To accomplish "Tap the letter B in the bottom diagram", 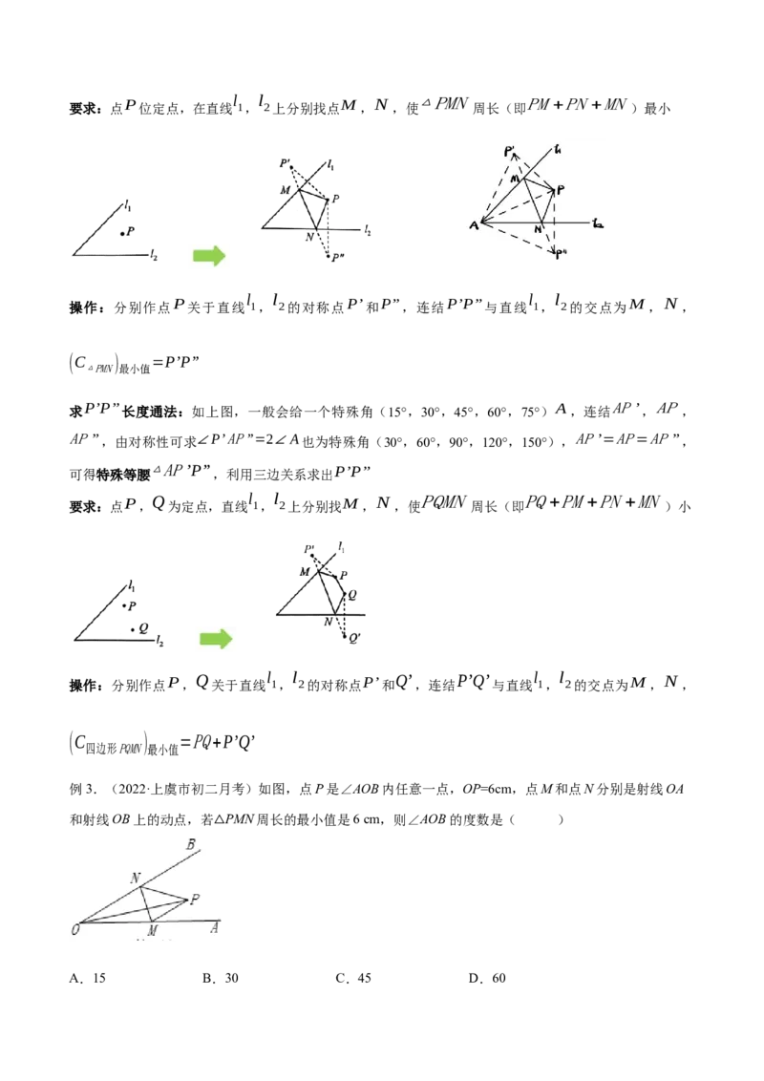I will click(x=192, y=845).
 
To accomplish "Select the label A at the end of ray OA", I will click(x=216, y=926).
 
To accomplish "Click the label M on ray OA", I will click(x=152, y=930).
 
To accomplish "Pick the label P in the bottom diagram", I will click(x=195, y=899).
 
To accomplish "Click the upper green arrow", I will click(x=210, y=255).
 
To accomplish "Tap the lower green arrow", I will click(x=215, y=639).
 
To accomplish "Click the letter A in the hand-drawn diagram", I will click(x=472, y=225).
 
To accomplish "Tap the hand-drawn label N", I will click(x=539, y=230).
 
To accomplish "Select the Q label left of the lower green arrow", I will click(x=142, y=627).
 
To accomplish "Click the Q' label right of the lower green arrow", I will click(x=353, y=638).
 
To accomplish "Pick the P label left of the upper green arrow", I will click(x=131, y=231).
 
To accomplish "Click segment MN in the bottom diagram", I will click(x=147, y=903).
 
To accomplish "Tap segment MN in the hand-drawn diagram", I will click(x=533, y=200).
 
